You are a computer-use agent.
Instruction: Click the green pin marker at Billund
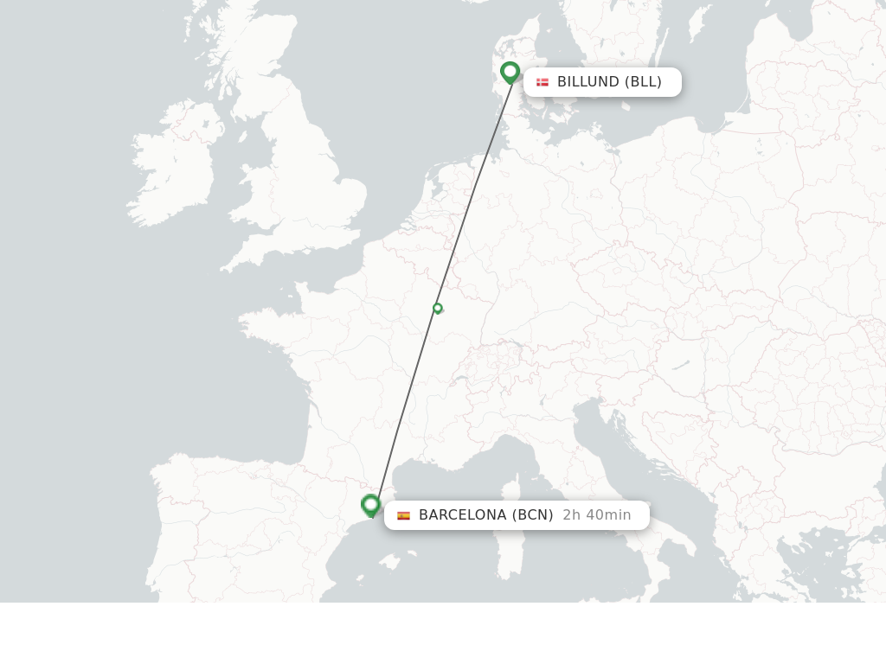point(510,72)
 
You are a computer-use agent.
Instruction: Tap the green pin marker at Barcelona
point(371,504)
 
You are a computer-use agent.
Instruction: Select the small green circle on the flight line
point(438,308)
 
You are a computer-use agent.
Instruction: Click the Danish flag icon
point(543,82)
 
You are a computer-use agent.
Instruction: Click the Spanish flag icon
point(403,515)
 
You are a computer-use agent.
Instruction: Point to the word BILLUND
point(587,82)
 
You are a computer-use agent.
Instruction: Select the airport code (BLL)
point(643,82)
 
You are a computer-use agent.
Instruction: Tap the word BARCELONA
point(462,515)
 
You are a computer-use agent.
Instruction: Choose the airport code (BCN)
point(532,515)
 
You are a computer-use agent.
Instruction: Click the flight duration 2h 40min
point(597,515)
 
